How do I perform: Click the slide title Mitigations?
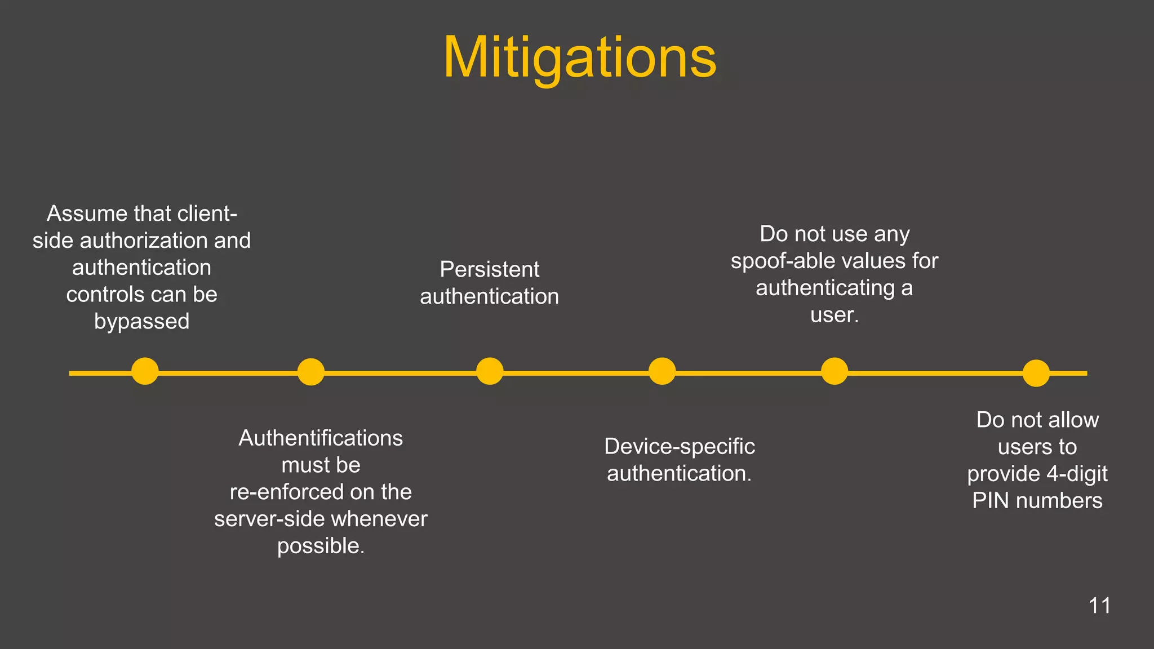point(580,58)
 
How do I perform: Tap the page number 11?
point(1099,606)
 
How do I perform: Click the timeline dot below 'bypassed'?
point(145,372)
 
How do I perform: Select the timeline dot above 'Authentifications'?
point(310,372)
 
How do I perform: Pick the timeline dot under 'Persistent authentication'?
point(490,372)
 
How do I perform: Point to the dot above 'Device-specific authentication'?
point(662,372)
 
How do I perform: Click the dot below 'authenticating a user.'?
point(835,372)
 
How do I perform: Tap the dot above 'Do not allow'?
point(1036,374)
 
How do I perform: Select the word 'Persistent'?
point(489,270)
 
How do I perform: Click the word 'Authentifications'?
point(321,438)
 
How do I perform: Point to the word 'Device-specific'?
point(679,447)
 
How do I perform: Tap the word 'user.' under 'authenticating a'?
point(835,315)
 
